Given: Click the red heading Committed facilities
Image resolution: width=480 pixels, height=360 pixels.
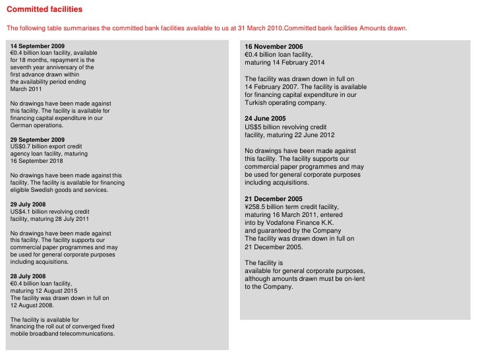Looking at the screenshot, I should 45,11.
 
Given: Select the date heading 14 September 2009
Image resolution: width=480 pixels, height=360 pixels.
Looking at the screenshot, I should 38,45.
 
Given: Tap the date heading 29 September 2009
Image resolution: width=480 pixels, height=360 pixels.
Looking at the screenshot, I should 38,140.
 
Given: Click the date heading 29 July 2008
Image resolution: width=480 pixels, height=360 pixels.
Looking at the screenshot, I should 29,204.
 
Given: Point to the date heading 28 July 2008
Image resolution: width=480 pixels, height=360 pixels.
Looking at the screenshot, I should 29,276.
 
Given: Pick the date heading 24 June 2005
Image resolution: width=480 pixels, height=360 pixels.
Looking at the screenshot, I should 266,118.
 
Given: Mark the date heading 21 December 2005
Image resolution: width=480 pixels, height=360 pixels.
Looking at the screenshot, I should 274,198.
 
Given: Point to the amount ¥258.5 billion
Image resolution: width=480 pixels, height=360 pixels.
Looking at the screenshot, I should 267,206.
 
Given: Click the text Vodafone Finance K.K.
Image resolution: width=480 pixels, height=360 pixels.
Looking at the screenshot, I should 295,223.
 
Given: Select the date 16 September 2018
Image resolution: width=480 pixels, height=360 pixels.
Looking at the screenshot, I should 37,161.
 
